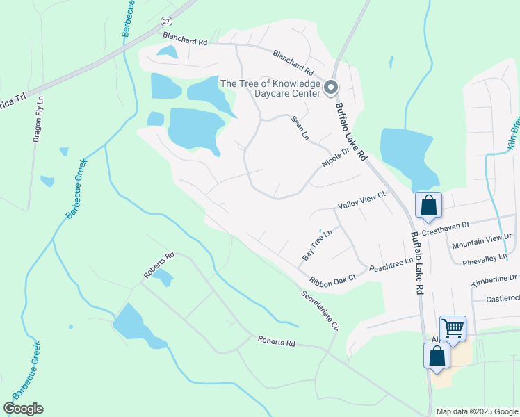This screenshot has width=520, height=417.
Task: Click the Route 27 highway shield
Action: tap(166, 22)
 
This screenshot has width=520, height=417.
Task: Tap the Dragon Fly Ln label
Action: tap(38, 118)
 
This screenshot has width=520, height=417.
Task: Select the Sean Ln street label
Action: tap(300, 128)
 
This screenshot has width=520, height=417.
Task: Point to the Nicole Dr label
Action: tap(335, 158)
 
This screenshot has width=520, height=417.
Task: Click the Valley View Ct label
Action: tap(361, 202)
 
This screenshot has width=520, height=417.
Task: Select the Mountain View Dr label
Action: tap(480, 241)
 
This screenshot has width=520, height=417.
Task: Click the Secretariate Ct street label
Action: tap(319, 310)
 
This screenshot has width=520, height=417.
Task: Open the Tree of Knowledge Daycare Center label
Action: tap(270, 88)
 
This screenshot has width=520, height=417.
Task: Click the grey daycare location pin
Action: tap(331, 88)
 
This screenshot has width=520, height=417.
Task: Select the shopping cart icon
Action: tap(453, 327)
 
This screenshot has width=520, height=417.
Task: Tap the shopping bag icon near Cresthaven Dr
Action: tap(428, 205)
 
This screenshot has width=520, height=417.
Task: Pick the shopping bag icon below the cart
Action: tap(437, 355)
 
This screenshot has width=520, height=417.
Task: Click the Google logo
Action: tap(24, 409)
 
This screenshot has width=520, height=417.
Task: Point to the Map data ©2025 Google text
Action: tap(476, 411)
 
